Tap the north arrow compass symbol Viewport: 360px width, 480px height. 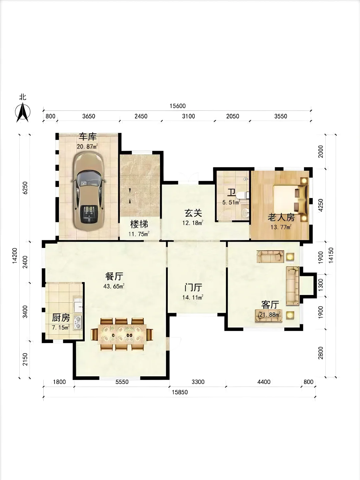pyautogui.click(x=23, y=112)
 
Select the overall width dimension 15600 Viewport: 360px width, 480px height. pyautogui.click(x=177, y=106)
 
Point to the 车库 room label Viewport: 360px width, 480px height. pyautogui.click(x=88, y=137)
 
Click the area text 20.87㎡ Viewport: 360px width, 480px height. pyautogui.click(x=87, y=146)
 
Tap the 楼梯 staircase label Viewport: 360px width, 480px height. pyautogui.click(x=139, y=224)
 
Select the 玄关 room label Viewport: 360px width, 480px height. pyautogui.click(x=193, y=213)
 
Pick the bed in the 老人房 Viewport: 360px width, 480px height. pyautogui.click(x=290, y=199)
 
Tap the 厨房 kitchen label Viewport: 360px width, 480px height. pyautogui.click(x=61, y=318)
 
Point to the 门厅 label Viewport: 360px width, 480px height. pyautogui.click(x=193, y=288)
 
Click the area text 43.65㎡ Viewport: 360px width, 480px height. pyautogui.click(x=114, y=286)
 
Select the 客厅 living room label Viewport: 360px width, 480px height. pyautogui.click(x=270, y=304)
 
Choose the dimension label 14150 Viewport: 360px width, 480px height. pyautogui.click(x=331, y=255)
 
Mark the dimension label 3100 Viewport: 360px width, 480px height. pyautogui.click(x=188, y=116)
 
